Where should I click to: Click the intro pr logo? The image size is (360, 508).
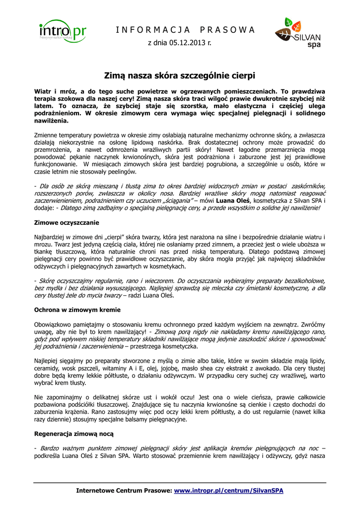(x=63, y=32)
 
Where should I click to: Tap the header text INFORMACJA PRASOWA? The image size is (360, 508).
(x=185, y=30)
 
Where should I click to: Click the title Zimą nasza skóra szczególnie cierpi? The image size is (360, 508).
(x=180, y=76)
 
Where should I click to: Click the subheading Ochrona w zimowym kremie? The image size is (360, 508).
(x=77, y=310)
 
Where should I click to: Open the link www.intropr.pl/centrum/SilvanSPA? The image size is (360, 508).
(x=228, y=491)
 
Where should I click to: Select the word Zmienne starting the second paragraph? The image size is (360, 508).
(x=47, y=135)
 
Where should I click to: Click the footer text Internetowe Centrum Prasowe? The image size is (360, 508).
(x=124, y=491)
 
